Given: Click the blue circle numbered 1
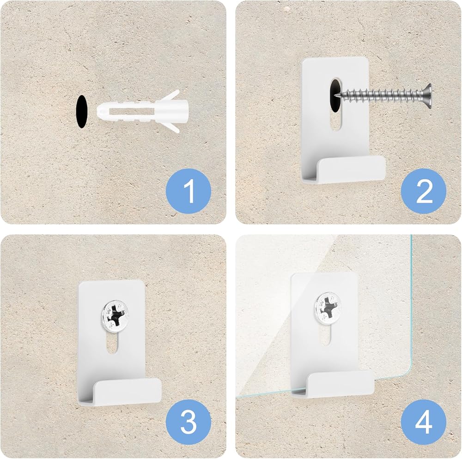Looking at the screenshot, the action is [188, 191].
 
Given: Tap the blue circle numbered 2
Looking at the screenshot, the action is [424, 191].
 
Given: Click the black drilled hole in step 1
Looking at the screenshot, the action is [82, 111].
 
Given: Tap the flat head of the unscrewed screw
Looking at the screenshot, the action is [427, 94].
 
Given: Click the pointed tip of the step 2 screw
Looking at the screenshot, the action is [336, 94].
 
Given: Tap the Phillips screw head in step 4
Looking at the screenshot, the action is [328, 308].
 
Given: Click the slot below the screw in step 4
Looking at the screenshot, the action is [325, 334].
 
